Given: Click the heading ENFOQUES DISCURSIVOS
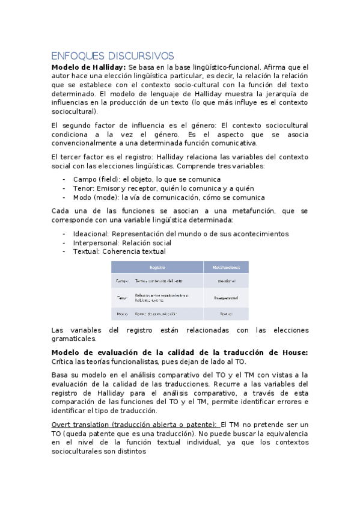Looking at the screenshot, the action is click(x=112, y=55).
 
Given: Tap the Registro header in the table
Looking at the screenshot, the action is click(x=157, y=266).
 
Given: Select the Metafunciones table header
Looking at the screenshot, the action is click(x=226, y=266).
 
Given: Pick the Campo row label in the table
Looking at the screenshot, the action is click(x=121, y=281).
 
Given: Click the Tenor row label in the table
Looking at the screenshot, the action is click(x=121, y=297).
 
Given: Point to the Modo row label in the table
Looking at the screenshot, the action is click(x=121, y=313).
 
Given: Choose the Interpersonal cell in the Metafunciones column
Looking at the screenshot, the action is click(x=226, y=297).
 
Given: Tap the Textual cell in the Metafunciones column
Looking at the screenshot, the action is click(x=226, y=313).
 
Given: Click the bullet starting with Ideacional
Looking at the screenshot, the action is click(x=180, y=233).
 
